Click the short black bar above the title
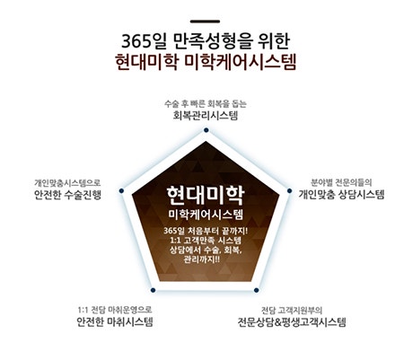(205, 22)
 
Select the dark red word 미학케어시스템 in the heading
(241, 62)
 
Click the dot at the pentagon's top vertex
(206, 130)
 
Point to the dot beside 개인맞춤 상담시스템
(289, 190)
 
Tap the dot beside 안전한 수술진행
(121, 190)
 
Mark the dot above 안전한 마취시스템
(153, 290)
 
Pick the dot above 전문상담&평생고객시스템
(256, 290)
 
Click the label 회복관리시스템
(206, 116)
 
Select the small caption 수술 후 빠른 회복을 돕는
(206, 104)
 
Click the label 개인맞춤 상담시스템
(341, 195)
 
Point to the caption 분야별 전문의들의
(341, 182)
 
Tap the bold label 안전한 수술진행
(67, 195)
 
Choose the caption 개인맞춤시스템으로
(67, 182)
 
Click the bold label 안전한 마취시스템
(115, 321)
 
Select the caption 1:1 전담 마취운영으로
(115, 310)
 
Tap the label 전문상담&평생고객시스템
(292, 322)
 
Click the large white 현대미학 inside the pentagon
(206, 196)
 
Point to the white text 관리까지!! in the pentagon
(202, 259)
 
